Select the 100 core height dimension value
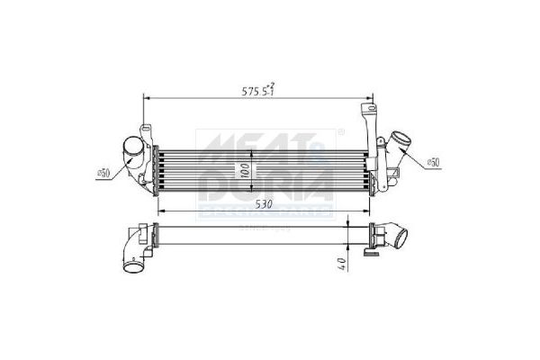(243, 168)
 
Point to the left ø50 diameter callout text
(103, 173)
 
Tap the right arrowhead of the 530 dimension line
(370, 213)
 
